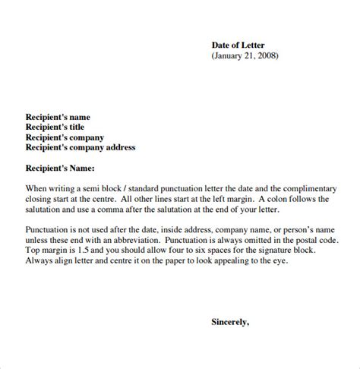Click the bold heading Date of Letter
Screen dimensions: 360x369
(x=243, y=44)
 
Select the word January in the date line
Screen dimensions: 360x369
(x=230, y=55)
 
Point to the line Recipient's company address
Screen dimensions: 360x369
(x=80, y=148)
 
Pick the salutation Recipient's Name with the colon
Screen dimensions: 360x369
(x=60, y=168)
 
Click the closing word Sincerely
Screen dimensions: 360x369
(x=230, y=322)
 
